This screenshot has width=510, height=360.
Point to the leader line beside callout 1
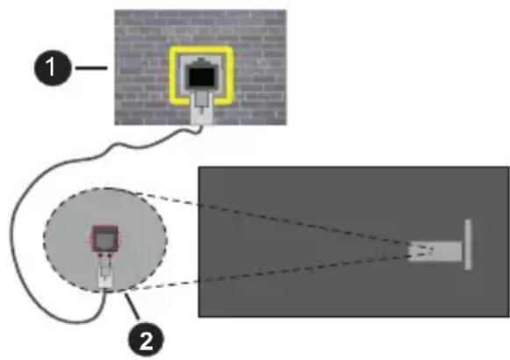point(90,67)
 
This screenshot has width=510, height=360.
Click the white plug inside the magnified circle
point(106,277)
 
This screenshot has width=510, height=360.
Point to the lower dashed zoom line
point(290,276)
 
